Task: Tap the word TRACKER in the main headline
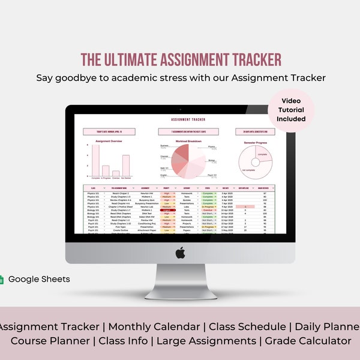(x=253, y=60)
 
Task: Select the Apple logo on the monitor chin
(x=180, y=253)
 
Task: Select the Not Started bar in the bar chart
(x=126, y=166)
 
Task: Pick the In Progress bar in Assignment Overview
(x=106, y=170)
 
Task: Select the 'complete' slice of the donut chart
(x=262, y=157)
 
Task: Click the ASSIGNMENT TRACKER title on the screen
(x=180, y=119)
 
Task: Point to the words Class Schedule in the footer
(x=244, y=326)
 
